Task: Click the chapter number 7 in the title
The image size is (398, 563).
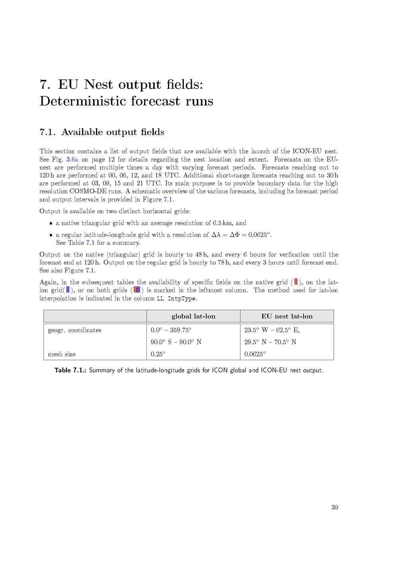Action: coord(44,85)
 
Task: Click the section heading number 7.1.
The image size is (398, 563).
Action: coord(47,132)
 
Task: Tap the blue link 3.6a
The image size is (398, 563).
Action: coord(72,160)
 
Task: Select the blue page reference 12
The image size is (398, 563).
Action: coord(111,160)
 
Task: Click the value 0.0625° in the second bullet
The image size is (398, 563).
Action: coord(260,235)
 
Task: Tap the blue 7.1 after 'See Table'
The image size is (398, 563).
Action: coord(90,243)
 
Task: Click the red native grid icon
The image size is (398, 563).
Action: coord(296,282)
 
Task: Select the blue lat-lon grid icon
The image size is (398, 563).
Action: coord(68,290)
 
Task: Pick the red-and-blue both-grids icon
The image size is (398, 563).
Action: coord(137,290)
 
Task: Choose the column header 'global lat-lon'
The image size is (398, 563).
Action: coord(193,317)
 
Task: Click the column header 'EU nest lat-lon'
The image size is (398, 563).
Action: coord(287,317)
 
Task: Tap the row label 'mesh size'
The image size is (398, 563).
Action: coord(61,354)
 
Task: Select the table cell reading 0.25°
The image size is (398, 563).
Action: coord(158,354)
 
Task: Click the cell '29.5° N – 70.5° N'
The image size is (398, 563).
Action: coord(270,342)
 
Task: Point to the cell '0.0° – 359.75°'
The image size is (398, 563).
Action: coord(171,330)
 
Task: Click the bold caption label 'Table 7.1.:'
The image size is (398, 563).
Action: coord(70,371)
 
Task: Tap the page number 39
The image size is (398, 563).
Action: coord(335,507)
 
